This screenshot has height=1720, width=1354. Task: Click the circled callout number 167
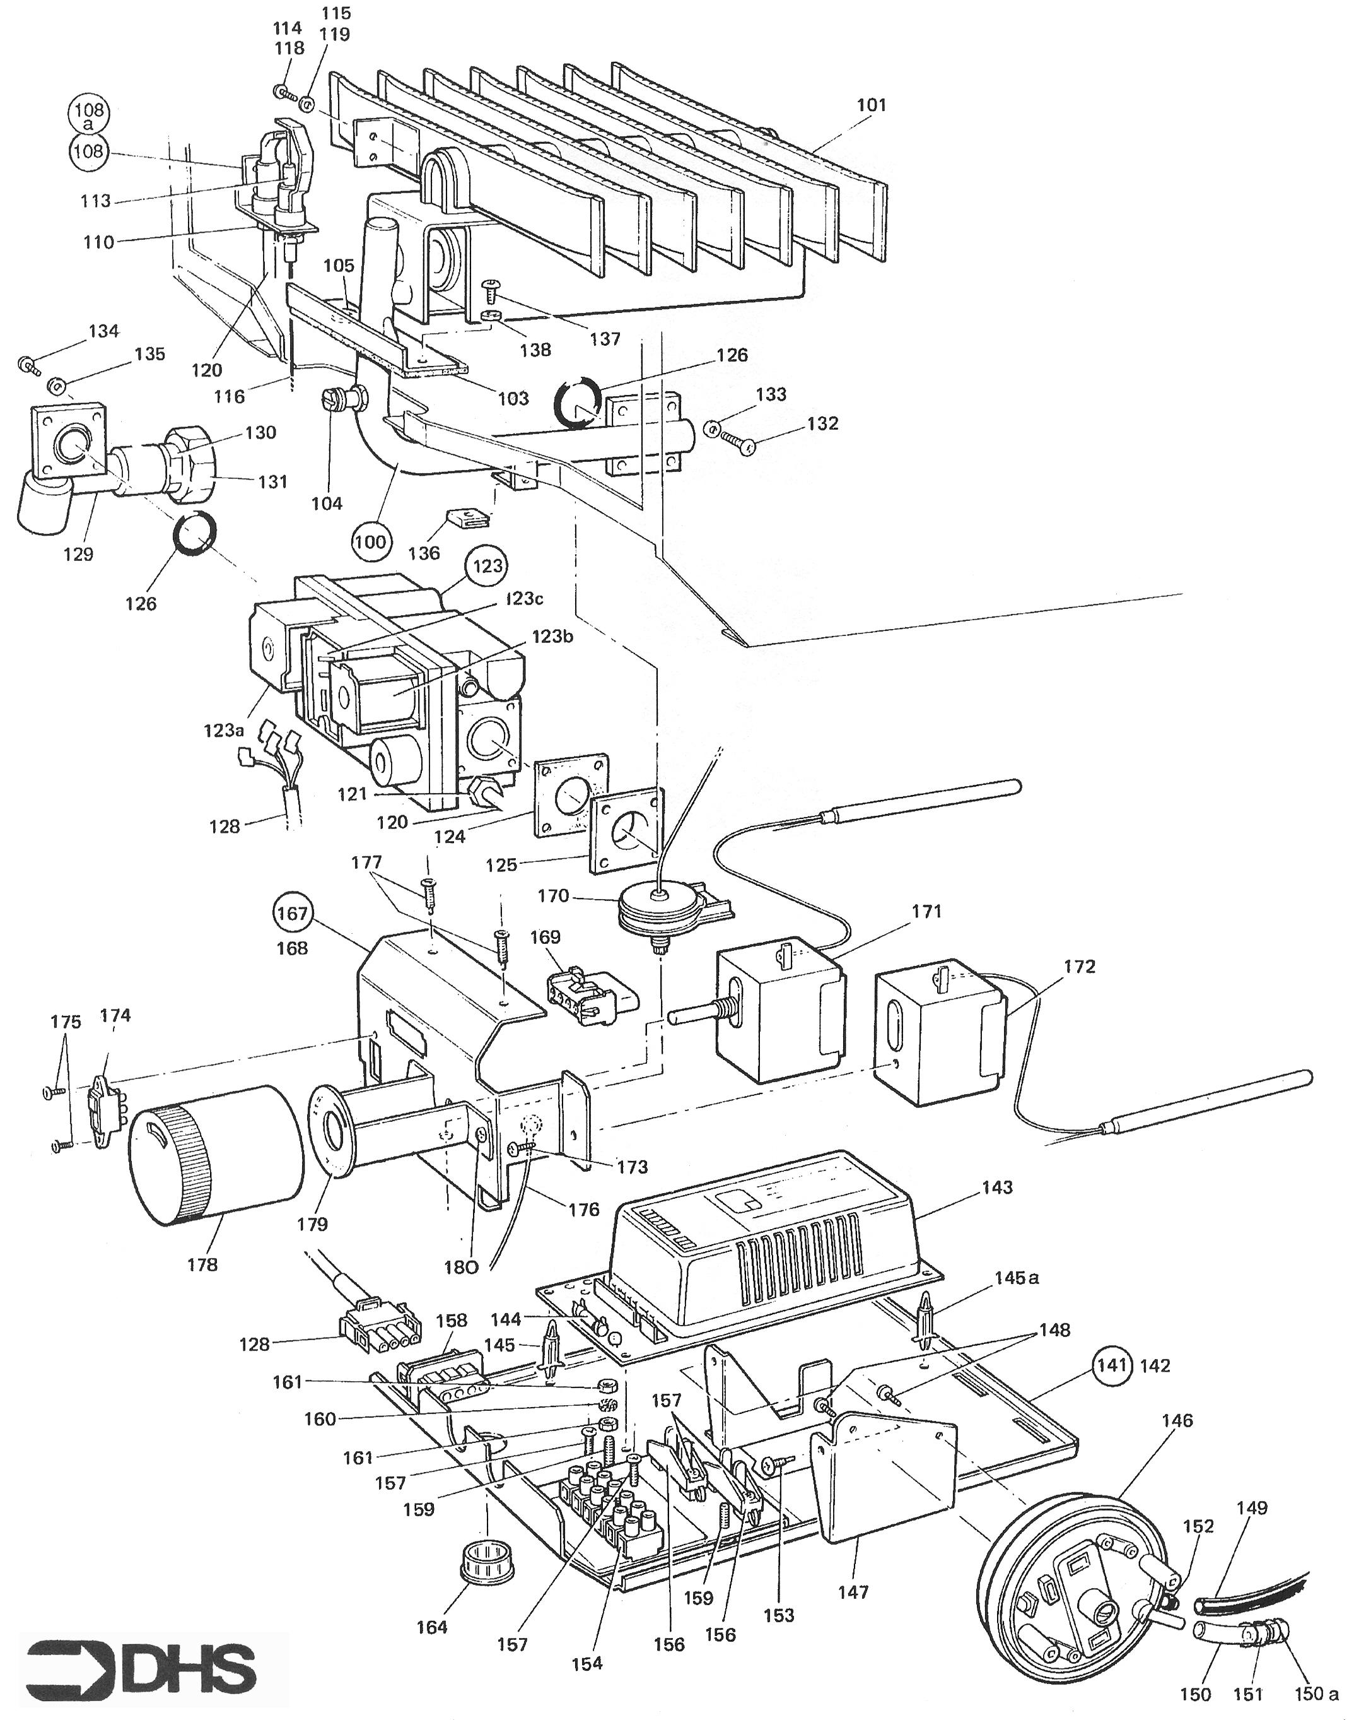tap(292, 913)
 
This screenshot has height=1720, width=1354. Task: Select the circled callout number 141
tap(1112, 1365)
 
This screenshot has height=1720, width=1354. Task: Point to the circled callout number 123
tap(487, 565)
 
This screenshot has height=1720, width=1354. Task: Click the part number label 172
tap(1079, 967)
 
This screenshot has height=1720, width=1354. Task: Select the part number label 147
tap(853, 1591)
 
